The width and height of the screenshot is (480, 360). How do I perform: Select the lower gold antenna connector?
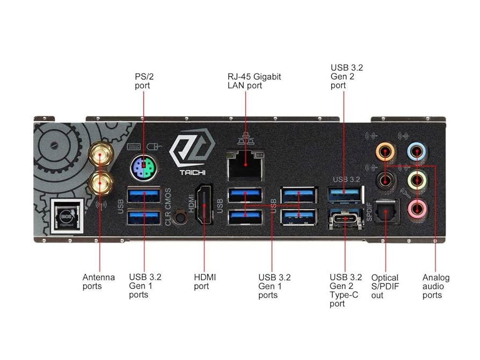(x=100, y=184)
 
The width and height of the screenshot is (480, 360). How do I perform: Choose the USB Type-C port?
(x=345, y=220)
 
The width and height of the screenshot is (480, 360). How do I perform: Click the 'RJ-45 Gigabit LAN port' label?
(x=254, y=81)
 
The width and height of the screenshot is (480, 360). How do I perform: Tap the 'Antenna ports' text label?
(x=98, y=282)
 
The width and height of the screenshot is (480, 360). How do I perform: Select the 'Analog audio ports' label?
(x=435, y=286)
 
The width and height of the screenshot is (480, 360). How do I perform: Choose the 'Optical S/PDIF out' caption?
(x=385, y=286)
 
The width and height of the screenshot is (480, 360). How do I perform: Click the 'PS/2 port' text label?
(x=143, y=81)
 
